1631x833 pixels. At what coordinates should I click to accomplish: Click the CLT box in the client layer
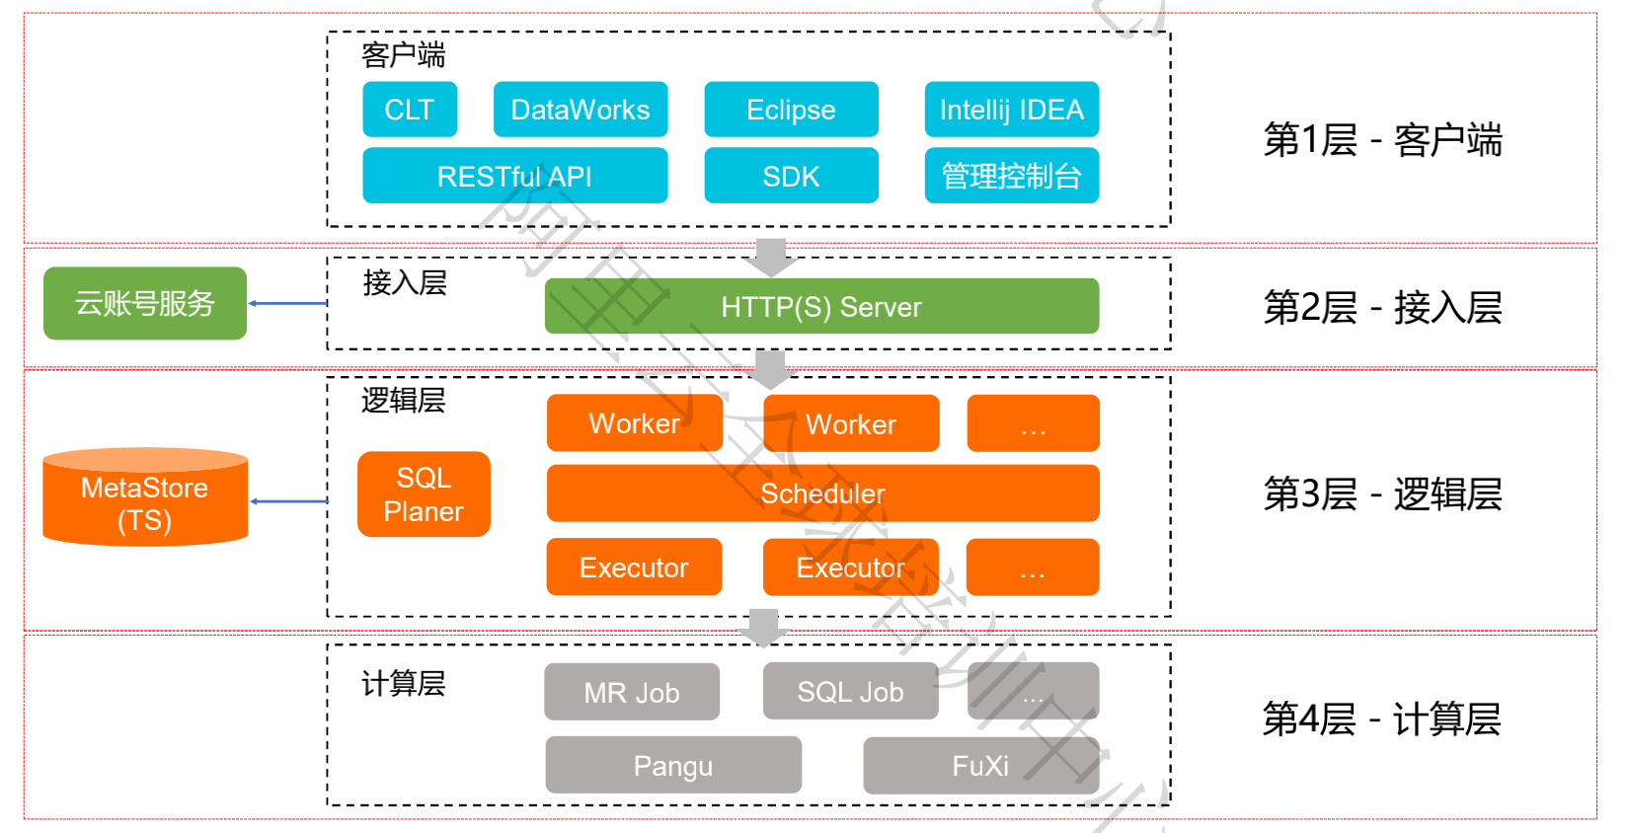tap(409, 110)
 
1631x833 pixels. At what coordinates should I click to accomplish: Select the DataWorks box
tap(581, 110)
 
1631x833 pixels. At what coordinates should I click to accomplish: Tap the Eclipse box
tap(791, 110)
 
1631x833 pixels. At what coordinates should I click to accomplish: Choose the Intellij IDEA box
tap(1011, 110)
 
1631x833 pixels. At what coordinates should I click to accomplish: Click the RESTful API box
tap(514, 176)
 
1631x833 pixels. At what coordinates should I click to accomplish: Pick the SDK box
tap(791, 176)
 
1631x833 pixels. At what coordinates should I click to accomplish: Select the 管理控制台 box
tap(1011, 176)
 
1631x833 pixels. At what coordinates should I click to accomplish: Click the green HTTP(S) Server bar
tap(821, 307)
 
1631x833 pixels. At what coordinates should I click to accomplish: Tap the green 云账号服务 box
tap(145, 303)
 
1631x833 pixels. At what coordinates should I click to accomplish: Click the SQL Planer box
tap(424, 494)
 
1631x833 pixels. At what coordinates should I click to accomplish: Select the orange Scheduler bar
tap(822, 493)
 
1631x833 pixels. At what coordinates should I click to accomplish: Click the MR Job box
tap(632, 692)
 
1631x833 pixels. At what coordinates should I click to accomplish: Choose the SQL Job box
tap(850, 692)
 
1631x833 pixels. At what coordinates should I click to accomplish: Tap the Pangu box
tap(673, 765)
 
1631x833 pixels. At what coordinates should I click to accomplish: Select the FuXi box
tap(980, 765)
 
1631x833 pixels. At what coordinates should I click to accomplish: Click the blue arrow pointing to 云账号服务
tap(287, 303)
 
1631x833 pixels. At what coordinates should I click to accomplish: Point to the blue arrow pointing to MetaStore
tap(288, 501)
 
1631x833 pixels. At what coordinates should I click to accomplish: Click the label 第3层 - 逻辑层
tap(1382, 494)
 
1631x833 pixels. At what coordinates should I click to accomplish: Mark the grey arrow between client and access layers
tap(771, 257)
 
